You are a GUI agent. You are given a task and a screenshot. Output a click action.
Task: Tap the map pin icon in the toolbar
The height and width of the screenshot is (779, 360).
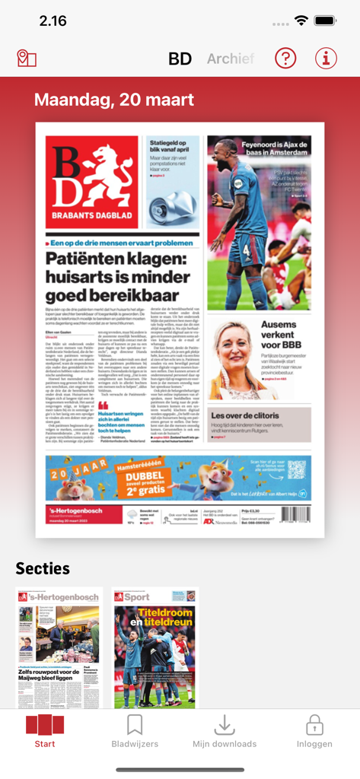pyautogui.click(x=27, y=58)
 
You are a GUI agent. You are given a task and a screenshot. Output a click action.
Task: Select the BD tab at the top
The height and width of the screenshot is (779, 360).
pyautogui.click(x=180, y=59)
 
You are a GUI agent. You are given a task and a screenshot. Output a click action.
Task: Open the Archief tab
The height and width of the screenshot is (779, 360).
pyautogui.click(x=230, y=59)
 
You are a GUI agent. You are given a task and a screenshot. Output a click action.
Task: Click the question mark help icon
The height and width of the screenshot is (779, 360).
pyautogui.click(x=285, y=58)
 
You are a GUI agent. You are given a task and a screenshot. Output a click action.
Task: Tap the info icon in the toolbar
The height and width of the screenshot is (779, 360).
pyautogui.click(x=326, y=58)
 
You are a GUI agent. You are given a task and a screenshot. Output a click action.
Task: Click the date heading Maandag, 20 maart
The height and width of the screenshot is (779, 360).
pyautogui.click(x=114, y=100)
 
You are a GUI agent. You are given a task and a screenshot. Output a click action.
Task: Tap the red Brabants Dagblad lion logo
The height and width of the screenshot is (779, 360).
pyautogui.click(x=92, y=182)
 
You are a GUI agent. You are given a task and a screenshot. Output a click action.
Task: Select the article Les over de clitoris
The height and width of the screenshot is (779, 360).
pyautogui.click(x=260, y=417)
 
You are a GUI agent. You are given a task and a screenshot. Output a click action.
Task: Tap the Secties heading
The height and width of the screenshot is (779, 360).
pyautogui.click(x=43, y=568)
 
